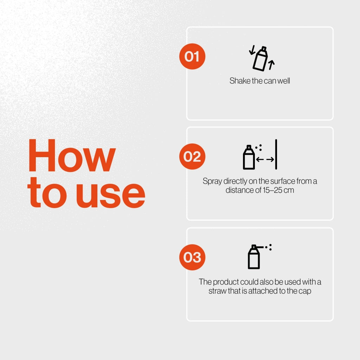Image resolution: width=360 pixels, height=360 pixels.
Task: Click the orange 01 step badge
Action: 192,56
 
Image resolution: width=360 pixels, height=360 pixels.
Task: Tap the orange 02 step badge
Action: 192,156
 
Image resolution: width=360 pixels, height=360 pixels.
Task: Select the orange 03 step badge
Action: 192,257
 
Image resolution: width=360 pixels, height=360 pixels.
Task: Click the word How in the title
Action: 72,155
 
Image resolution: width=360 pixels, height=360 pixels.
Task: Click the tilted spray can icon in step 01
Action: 260,59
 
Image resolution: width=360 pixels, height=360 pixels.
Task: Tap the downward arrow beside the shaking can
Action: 252,50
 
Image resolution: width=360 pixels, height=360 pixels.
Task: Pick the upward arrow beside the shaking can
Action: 271,65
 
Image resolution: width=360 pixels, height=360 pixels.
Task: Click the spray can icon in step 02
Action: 249,157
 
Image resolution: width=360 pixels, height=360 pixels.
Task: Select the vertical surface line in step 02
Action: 276,154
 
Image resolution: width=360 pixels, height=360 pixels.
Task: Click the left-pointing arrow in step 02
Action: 260,159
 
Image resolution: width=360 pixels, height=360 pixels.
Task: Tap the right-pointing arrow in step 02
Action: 270,159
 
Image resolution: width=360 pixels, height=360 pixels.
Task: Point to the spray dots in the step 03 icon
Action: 269,247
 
